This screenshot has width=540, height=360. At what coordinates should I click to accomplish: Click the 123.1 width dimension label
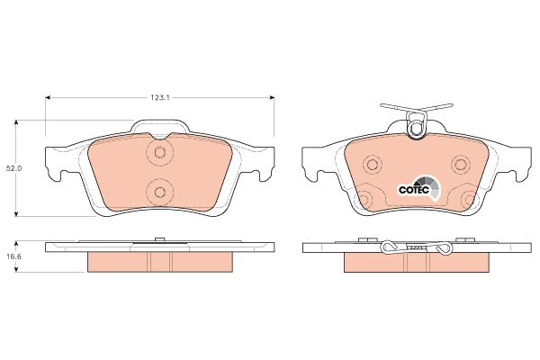point(160,97)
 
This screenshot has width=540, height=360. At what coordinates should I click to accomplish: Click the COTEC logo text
point(414,190)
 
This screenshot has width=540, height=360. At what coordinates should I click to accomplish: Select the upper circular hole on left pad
point(159,151)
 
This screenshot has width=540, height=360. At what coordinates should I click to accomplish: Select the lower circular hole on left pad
point(159,192)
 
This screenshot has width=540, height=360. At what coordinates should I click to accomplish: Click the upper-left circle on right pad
point(373,165)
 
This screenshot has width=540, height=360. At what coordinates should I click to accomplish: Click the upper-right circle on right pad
point(461,165)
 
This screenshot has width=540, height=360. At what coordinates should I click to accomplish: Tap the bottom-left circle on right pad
point(364,199)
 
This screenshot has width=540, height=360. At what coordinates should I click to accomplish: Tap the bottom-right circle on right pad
point(470,199)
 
